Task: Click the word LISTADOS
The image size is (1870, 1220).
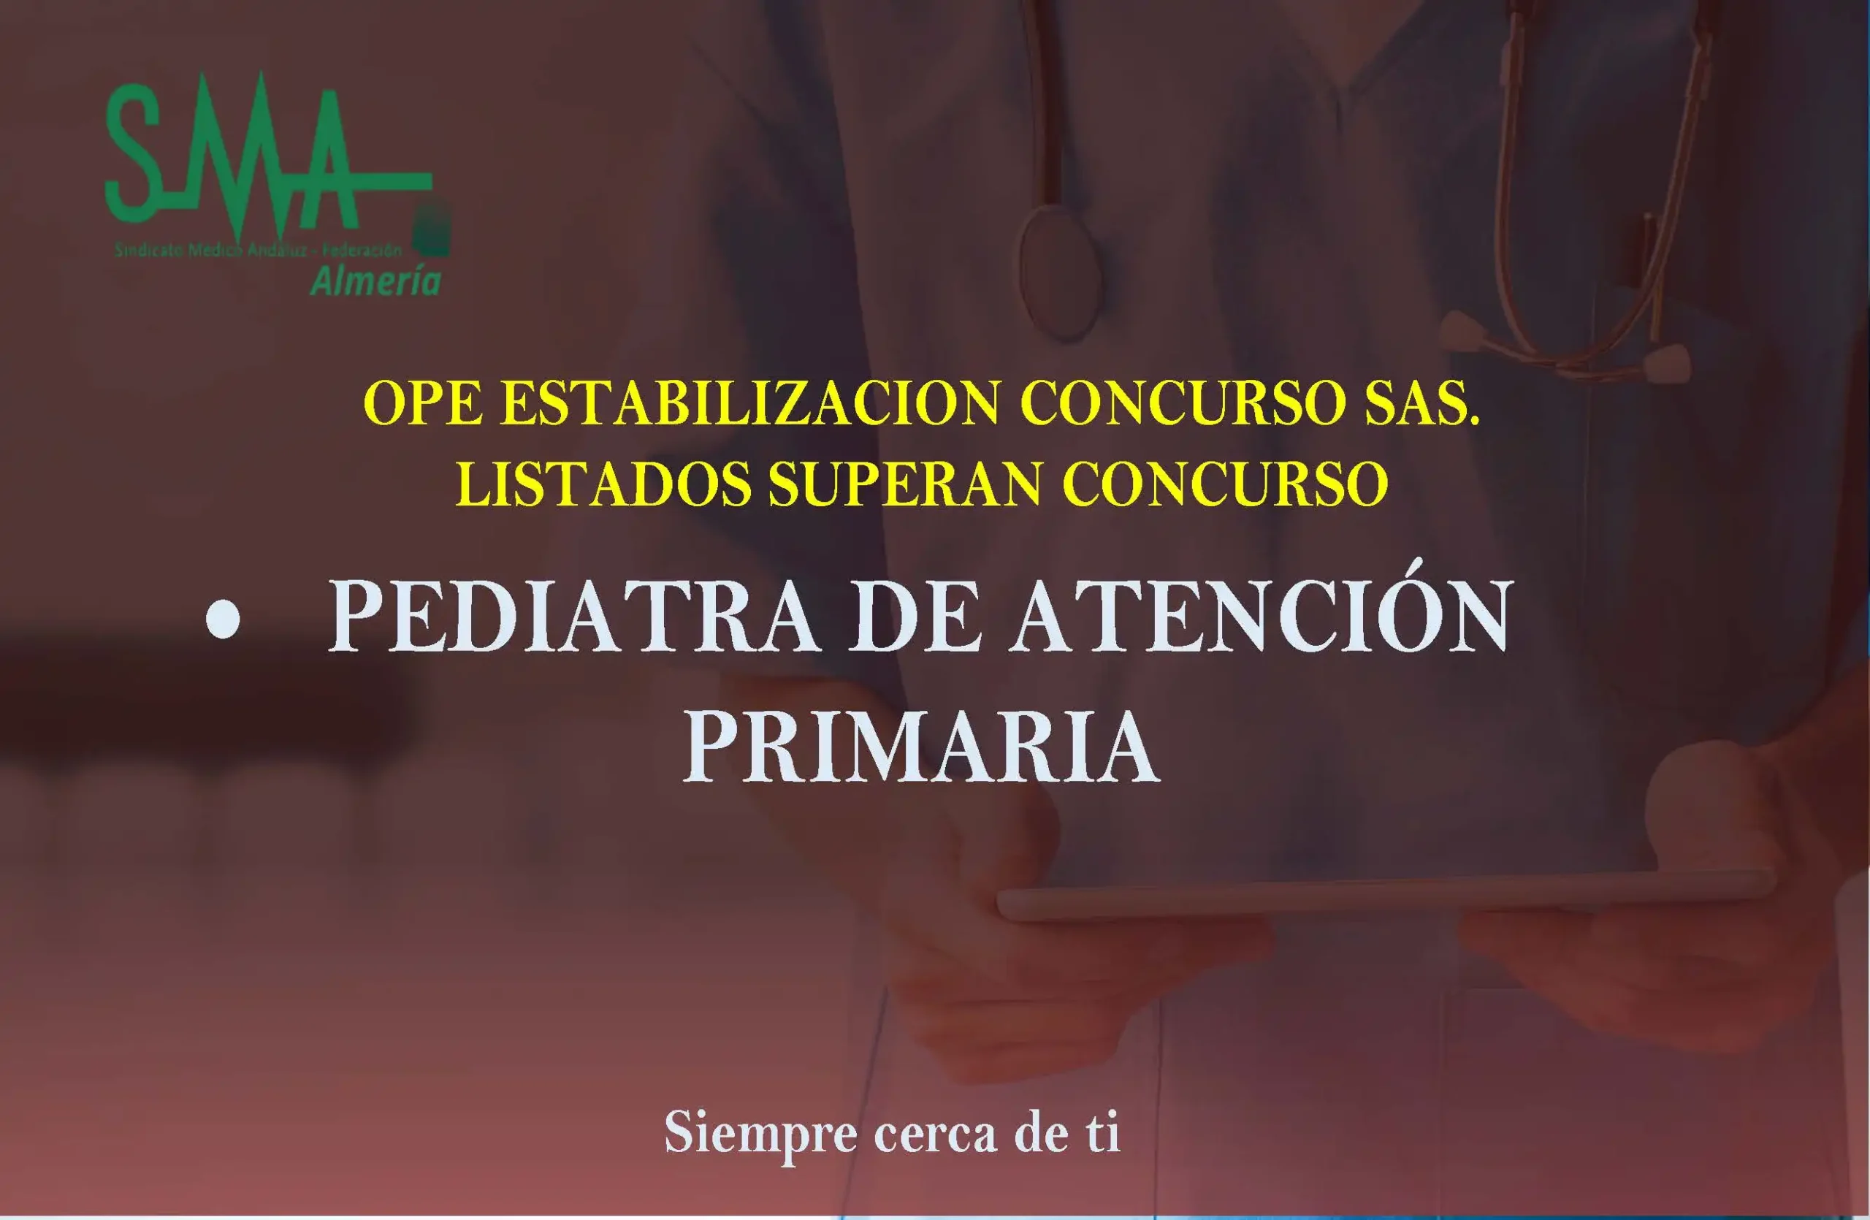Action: click(x=603, y=484)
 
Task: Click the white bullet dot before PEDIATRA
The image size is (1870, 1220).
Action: click(x=222, y=619)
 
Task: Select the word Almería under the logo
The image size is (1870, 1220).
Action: click(x=375, y=281)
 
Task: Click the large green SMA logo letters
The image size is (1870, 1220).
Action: click(x=236, y=149)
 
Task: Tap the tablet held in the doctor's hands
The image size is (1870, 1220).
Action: click(x=1383, y=896)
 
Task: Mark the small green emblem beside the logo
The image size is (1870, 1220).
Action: click(x=432, y=229)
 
